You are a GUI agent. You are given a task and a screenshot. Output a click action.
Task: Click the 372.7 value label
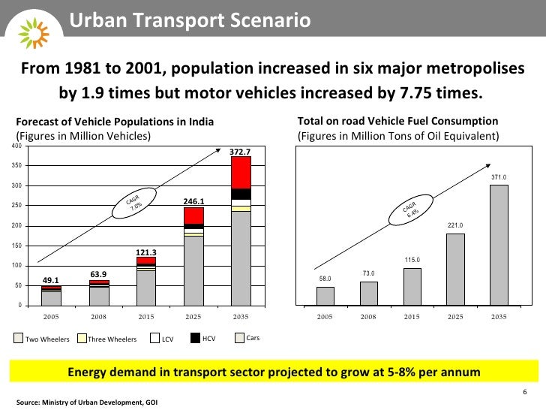241,152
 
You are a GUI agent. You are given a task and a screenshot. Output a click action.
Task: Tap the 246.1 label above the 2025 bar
193,201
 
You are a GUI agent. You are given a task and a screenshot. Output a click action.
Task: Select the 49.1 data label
51,281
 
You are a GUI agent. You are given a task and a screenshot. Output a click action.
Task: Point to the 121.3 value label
145,252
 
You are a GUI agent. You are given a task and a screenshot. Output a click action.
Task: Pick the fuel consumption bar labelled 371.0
499,245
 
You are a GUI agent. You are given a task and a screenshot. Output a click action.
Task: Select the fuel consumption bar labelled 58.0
325,296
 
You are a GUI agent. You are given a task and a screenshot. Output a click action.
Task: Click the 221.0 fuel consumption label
455,225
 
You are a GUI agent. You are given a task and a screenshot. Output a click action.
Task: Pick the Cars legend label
253,338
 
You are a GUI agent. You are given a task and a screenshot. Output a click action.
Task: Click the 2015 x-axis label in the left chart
145,317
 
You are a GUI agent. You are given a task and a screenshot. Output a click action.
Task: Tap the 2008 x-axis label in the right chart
368,317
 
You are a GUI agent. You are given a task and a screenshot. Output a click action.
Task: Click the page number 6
524,393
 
